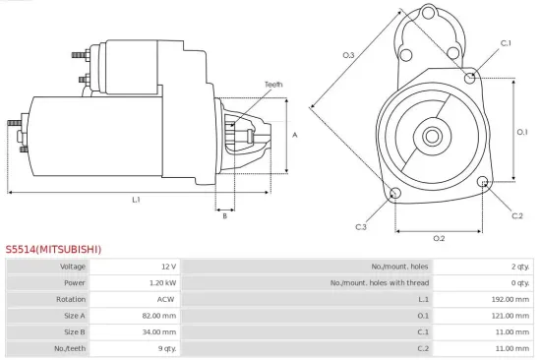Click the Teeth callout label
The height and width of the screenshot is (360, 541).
pos(273,85)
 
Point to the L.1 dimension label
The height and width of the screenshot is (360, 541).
pos(137,200)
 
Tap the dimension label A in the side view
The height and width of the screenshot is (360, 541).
pos(294,135)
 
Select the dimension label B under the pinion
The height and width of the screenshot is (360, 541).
pos(225,215)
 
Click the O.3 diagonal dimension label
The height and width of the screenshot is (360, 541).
pos(348,55)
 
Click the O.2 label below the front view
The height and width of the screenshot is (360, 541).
pos(439,237)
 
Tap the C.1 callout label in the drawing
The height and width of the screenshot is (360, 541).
pos(506,43)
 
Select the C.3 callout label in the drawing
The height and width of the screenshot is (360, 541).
pos(361,227)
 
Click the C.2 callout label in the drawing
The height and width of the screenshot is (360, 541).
pos(517,215)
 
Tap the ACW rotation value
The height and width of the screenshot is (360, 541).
pos(167,299)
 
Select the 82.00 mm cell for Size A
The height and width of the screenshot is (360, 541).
pos(160,316)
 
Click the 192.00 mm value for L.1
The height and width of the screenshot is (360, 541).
pos(511,299)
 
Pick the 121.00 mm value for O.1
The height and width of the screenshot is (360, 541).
pos(511,316)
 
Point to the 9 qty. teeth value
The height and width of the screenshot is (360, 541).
pos(164,348)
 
